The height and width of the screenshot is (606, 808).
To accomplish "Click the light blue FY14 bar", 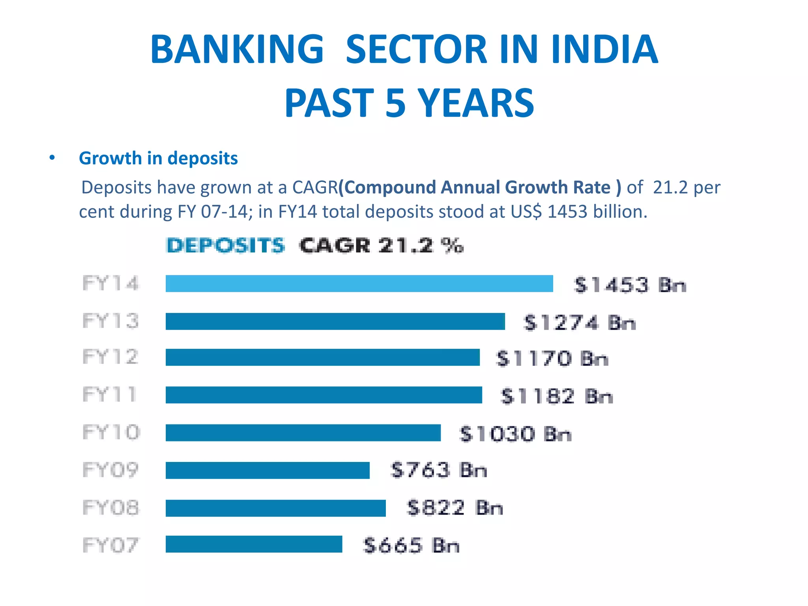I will pos(359,284).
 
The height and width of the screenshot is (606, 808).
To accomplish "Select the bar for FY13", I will pos(335,321).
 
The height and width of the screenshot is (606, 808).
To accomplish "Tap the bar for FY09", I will pos(267,470).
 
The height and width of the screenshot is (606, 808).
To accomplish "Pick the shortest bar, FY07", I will pos(254,544).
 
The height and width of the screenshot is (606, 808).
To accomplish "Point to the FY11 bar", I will pos(324,395).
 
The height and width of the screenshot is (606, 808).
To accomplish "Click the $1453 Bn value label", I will pos(630,285).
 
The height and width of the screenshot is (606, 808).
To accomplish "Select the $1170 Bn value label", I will pos(552,359).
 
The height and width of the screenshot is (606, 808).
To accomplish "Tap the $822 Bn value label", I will pos(454,508).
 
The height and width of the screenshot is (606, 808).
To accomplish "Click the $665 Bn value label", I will pos(411,546).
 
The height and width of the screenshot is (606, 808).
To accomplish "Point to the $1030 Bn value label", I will pos(515,434).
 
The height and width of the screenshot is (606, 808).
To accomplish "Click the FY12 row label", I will pos(110,357).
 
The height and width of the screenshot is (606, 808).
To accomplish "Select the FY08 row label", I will pos(111,508).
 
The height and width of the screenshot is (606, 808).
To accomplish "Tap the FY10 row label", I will pos(111,432).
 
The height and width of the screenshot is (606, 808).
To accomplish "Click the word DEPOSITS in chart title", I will pos(225,245).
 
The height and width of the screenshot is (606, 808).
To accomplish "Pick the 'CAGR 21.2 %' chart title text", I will pos(381,245).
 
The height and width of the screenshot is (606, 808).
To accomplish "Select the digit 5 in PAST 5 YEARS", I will pos(395,103).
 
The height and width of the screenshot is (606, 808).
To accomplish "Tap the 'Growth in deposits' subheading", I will pos(158,158).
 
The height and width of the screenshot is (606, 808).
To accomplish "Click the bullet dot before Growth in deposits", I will pos(52,158).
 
